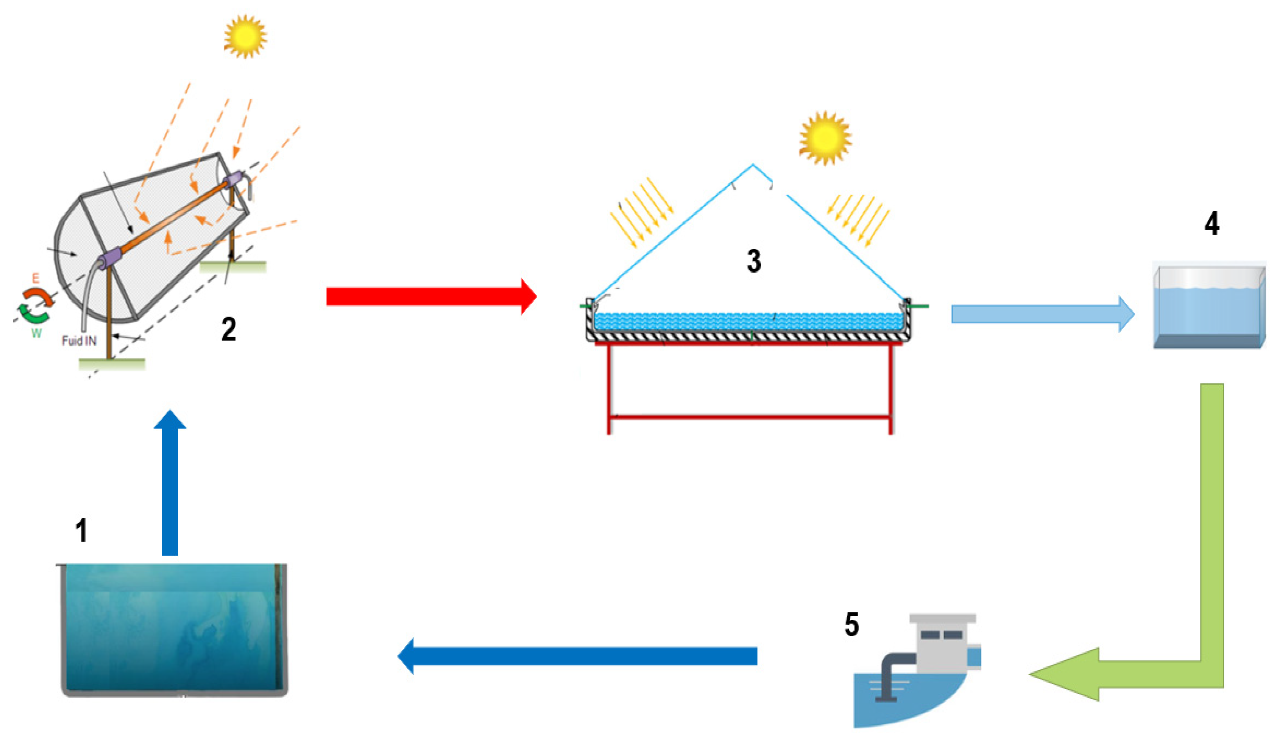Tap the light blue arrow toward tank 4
click(x=1041, y=314)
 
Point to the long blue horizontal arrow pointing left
click(x=579, y=656)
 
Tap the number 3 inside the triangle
click(x=754, y=261)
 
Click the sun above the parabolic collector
click(x=245, y=36)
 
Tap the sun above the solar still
click(x=825, y=138)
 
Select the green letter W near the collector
click(x=36, y=333)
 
